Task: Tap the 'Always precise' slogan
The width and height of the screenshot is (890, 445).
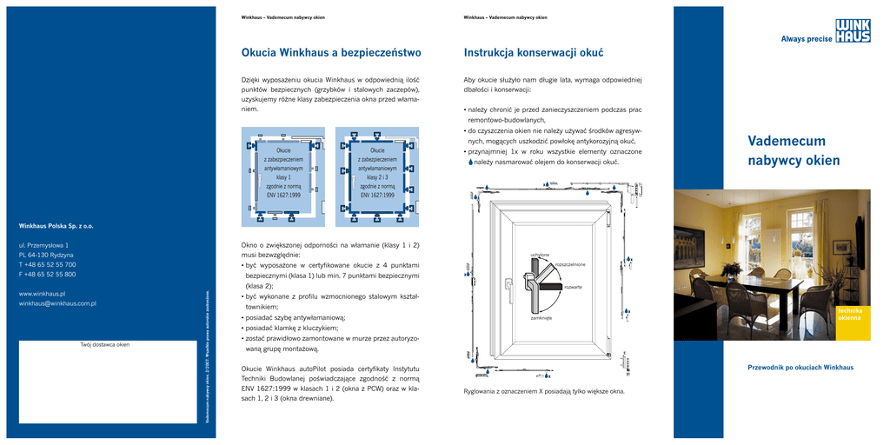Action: click(x=806, y=38)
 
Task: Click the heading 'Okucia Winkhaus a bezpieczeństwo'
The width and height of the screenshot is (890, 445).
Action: click(x=330, y=52)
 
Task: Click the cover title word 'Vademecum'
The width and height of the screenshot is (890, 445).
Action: click(x=787, y=142)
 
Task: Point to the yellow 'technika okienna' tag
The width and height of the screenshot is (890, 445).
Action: click(x=849, y=314)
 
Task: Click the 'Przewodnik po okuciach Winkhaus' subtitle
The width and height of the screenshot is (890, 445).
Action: click(x=800, y=368)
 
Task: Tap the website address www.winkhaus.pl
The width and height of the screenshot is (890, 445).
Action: click(x=43, y=294)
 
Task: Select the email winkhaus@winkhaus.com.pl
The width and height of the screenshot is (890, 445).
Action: click(x=57, y=303)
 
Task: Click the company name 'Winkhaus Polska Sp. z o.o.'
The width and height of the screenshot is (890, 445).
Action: click(x=62, y=226)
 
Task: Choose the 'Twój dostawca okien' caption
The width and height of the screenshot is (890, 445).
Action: click(x=104, y=345)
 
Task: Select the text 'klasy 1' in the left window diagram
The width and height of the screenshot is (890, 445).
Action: click(x=283, y=177)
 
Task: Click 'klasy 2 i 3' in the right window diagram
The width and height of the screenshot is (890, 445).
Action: click(x=377, y=177)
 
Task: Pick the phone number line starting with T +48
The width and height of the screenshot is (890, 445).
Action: click(x=48, y=264)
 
